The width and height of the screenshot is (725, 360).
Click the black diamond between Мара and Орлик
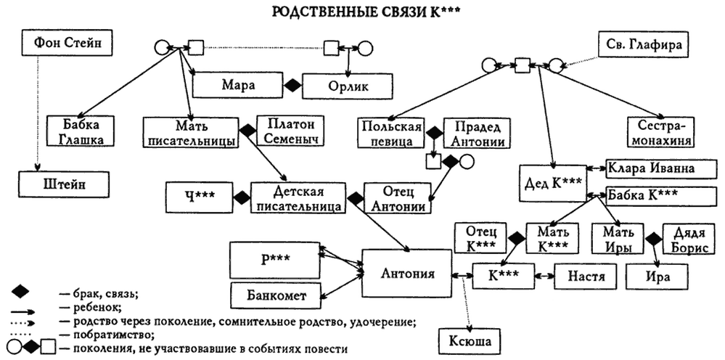tap(292, 86)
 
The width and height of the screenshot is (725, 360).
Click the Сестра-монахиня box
tap(658, 131)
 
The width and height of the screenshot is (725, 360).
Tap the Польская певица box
tap(390, 131)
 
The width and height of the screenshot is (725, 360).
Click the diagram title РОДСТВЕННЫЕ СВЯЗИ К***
tap(362, 12)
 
